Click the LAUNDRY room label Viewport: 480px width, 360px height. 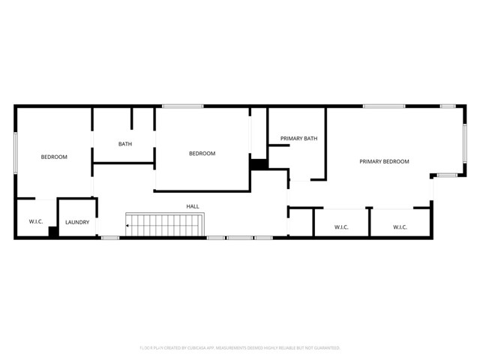click(77, 222)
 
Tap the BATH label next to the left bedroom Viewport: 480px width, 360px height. click(125, 144)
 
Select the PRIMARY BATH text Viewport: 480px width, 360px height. click(298, 139)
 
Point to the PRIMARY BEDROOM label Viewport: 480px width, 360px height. click(384, 161)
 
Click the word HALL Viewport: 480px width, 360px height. click(193, 206)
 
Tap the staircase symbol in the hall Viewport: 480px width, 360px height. click(165, 224)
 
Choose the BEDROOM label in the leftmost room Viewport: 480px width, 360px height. click(54, 157)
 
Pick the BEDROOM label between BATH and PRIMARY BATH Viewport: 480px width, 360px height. click(202, 154)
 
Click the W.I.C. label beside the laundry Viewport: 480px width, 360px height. click(36, 222)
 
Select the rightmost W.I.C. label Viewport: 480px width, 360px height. click(399, 226)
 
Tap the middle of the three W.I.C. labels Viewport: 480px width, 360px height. click(341, 226)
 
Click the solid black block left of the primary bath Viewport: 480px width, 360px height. click(259, 164)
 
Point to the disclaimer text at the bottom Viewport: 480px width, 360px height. click(240, 348)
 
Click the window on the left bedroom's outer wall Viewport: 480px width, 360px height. click(16, 154)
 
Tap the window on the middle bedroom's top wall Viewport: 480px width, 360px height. click(183, 106)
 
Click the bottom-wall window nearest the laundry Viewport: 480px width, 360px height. click(109, 238)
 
